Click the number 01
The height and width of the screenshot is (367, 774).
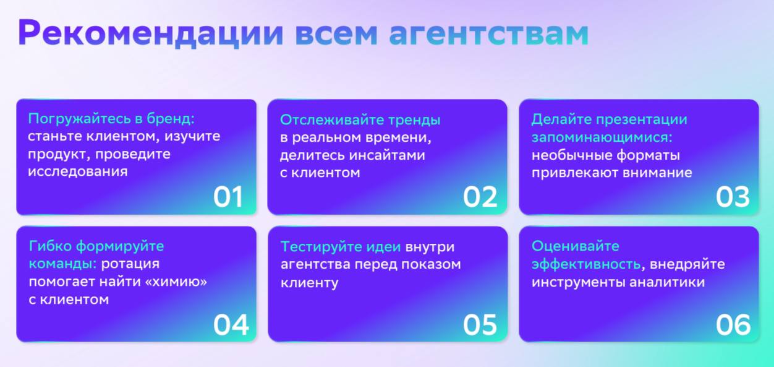(228, 197)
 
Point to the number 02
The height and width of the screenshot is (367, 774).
(480, 197)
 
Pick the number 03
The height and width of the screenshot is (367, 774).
(733, 197)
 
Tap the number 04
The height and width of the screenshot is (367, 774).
(231, 325)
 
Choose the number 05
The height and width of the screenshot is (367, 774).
(480, 325)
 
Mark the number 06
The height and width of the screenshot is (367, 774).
(733, 325)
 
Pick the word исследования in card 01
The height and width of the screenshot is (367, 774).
(77, 172)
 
